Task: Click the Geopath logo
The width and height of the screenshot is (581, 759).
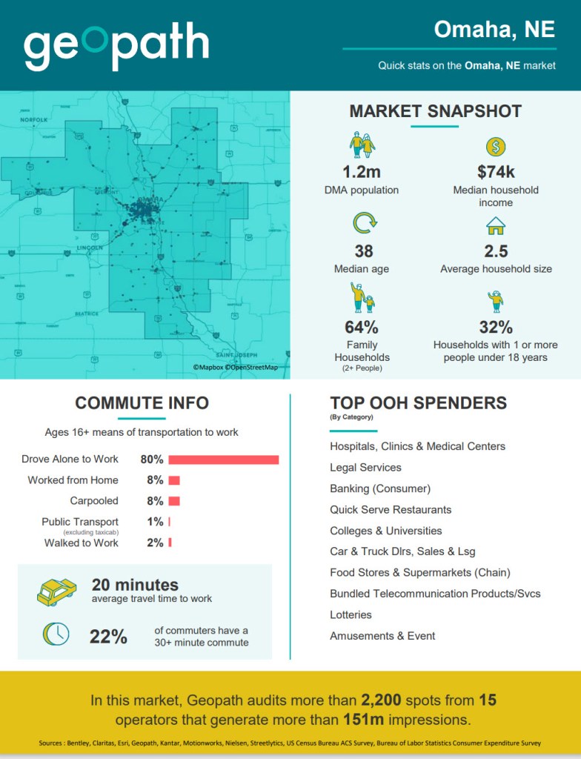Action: tap(116, 46)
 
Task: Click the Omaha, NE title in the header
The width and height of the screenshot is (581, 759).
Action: tap(494, 29)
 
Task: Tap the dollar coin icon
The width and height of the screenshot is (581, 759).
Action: tap(496, 147)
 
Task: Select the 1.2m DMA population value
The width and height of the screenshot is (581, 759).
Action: tap(362, 172)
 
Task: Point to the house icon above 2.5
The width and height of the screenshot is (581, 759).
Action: tap(495, 225)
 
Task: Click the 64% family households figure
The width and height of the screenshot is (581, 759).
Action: tap(362, 327)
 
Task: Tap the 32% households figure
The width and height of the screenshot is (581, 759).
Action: tap(496, 327)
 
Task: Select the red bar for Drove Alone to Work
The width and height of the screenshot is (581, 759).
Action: tap(223, 460)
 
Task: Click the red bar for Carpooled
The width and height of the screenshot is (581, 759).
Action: tap(174, 501)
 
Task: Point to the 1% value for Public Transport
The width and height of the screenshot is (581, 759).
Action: tap(155, 522)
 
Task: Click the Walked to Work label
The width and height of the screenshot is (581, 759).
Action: tap(82, 543)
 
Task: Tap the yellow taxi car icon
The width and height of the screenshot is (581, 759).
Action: tap(56, 591)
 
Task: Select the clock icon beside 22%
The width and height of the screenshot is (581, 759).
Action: tap(56, 633)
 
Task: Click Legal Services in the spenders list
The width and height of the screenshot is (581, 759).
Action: tap(365, 468)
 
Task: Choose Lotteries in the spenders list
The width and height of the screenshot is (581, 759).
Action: tap(351, 614)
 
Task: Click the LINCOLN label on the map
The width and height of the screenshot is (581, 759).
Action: tap(90, 247)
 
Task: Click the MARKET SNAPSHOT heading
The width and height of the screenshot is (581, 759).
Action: tap(435, 111)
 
